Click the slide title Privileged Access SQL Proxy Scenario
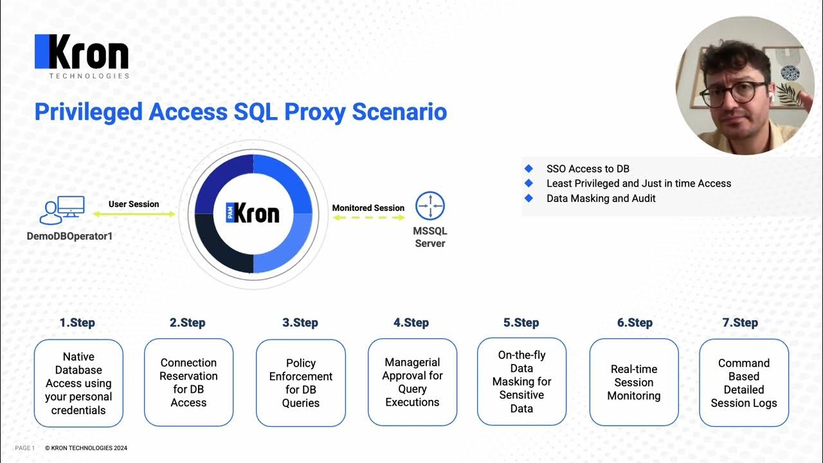pos(240,112)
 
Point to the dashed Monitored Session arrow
pos(368,218)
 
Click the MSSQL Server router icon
pos(430,206)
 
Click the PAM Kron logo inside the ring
pos(253,213)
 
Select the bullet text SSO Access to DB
pos(588,168)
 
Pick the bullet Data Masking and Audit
pos(601,198)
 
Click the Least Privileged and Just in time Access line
pos(638,183)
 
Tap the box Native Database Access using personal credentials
pos(78,383)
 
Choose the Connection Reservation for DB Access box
pos(188,383)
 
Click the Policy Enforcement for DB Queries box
pos(300,383)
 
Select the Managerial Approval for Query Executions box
pos(412,383)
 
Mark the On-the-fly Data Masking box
pos(521,381)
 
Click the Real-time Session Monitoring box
pos(634,383)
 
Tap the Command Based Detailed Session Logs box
pos(744,383)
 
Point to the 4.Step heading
pos(412,323)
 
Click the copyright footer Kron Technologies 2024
pos(86,448)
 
